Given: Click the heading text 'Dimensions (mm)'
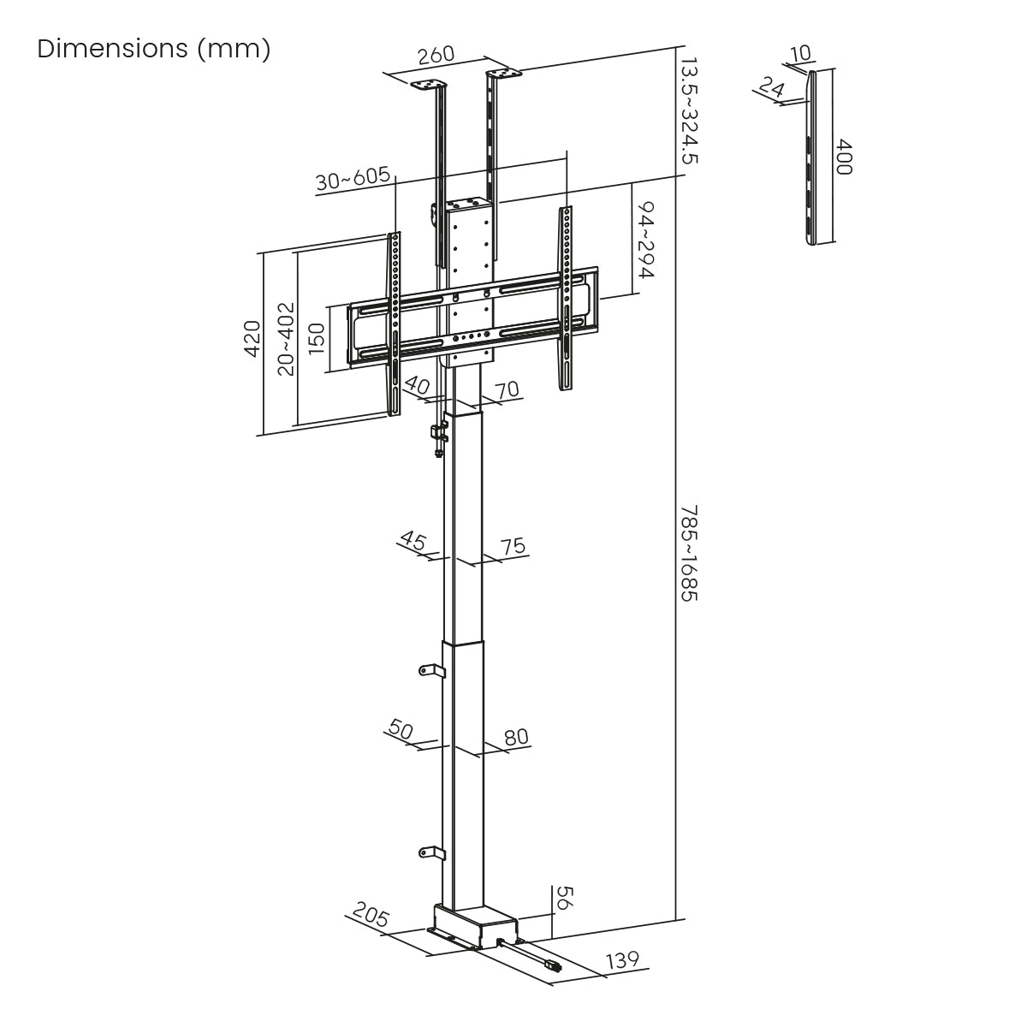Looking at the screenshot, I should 154,49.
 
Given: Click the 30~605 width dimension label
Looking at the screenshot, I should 353,180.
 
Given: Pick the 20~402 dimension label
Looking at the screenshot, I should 286,339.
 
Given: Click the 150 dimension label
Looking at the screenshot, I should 315,339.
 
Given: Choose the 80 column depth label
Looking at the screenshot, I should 516,737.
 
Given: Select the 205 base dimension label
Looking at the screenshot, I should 369,919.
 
